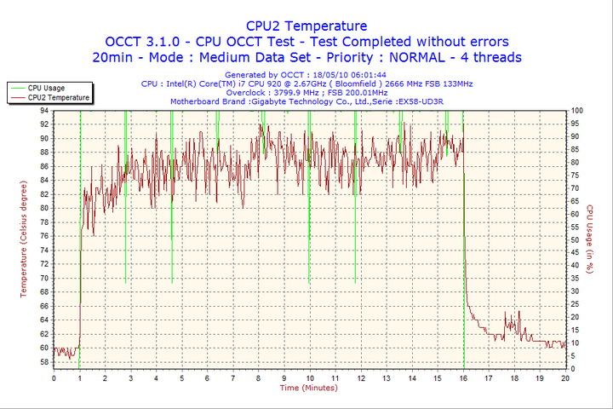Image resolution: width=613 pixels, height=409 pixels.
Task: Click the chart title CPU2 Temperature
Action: (306, 26)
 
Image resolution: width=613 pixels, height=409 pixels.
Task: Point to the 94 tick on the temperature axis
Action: (44, 111)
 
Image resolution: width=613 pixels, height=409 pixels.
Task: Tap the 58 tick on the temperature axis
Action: (44, 362)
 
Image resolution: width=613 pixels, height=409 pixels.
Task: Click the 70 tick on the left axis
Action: (44, 279)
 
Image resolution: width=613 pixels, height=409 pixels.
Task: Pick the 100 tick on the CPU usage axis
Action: (577, 111)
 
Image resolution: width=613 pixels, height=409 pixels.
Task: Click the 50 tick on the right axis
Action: (576, 239)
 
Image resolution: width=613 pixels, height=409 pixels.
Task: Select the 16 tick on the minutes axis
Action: (463, 377)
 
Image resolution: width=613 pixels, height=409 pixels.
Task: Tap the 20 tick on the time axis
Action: (565, 377)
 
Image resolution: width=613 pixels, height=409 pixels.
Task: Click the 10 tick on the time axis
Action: (310, 377)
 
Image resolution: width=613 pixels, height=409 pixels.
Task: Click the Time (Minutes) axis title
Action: (309, 388)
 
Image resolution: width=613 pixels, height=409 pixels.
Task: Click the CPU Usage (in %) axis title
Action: (589, 239)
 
